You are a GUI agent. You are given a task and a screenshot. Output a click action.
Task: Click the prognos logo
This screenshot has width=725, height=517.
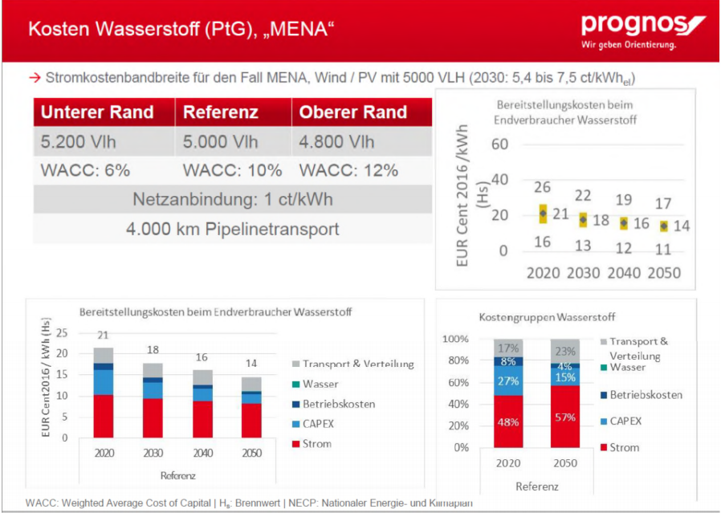click(x=642, y=31)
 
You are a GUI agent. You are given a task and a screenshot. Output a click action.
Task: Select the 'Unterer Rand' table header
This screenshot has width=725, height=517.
click(x=97, y=112)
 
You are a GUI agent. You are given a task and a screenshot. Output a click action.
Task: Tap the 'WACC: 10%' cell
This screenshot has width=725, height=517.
click(x=232, y=170)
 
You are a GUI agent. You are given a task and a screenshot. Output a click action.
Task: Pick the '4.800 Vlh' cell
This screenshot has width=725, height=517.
click(x=336, y=141)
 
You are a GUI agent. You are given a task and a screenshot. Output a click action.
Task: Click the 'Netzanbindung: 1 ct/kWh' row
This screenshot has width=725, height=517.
click(x=233, y=199)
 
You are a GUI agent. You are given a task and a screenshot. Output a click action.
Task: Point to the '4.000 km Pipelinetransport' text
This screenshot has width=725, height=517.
click(x=233, y=229)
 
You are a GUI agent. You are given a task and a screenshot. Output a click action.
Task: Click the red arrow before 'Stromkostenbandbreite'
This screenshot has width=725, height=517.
click(x=35, y=78)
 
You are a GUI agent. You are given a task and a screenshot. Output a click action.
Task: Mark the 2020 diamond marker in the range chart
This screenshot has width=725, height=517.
click(x=543, y=214)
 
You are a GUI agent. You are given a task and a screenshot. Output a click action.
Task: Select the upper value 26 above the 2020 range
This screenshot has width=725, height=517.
click(x=543, y=187)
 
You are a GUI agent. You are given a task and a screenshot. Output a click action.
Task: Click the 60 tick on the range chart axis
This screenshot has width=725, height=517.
click(x=500, y=145)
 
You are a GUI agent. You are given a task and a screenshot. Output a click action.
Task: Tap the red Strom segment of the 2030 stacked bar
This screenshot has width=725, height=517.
click(x=153, y=418)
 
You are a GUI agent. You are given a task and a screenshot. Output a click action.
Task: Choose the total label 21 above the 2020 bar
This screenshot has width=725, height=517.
click(x=103, y=335)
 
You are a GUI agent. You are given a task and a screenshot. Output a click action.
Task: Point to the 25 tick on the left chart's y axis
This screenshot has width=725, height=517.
click(x=62, y=333)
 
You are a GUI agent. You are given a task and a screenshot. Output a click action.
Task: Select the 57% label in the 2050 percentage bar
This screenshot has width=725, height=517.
click(x=565, y=417)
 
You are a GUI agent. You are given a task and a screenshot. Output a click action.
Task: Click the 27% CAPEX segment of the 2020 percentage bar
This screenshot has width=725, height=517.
click(x=508, y=381)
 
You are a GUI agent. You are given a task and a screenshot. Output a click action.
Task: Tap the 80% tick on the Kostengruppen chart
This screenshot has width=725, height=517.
click(x=458, y=360)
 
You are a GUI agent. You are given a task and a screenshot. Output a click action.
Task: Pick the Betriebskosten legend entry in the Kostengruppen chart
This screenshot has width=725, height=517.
click(x=642, y=395)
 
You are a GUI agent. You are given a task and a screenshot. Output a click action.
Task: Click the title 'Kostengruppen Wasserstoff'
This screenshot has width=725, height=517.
click(x=547, y=317)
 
